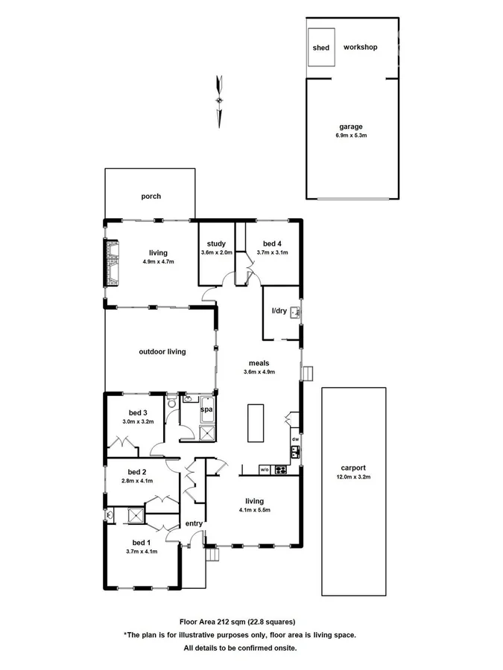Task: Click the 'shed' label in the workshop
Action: coord(321,48)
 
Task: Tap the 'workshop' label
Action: coord(360,47)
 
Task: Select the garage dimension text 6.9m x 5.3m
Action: coord(350,135)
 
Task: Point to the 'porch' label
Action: coord(151,197)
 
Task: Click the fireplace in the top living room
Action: coord(112,262)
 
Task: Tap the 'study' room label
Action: coord(216,243)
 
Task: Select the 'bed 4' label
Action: coord(272,243)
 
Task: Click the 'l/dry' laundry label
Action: coord(279,311)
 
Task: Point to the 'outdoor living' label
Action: coord(162,351)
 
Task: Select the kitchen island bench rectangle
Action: coord(254,422)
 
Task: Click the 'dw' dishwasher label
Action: coord(295,439)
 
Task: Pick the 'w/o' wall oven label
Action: coord(265,470)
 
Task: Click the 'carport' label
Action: coord(353,468)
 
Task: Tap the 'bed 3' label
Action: coord(137,413)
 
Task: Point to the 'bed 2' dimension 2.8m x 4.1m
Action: coord(136,480)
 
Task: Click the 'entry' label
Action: coord(194,523)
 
